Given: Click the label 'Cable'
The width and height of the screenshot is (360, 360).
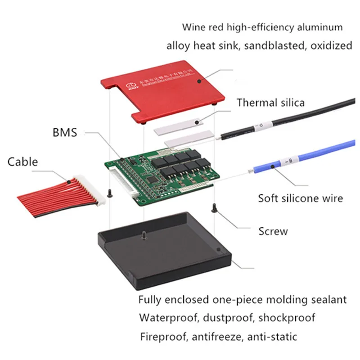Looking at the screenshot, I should [22, 161].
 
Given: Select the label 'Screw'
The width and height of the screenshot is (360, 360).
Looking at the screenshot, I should [273, 231].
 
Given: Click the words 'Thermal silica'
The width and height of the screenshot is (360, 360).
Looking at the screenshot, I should [270, 102].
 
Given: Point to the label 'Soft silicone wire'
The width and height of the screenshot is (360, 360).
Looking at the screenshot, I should [300, 198].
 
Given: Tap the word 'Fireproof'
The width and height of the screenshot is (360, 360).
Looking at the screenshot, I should [162, 336].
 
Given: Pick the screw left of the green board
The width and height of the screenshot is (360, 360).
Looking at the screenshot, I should [109, 193].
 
